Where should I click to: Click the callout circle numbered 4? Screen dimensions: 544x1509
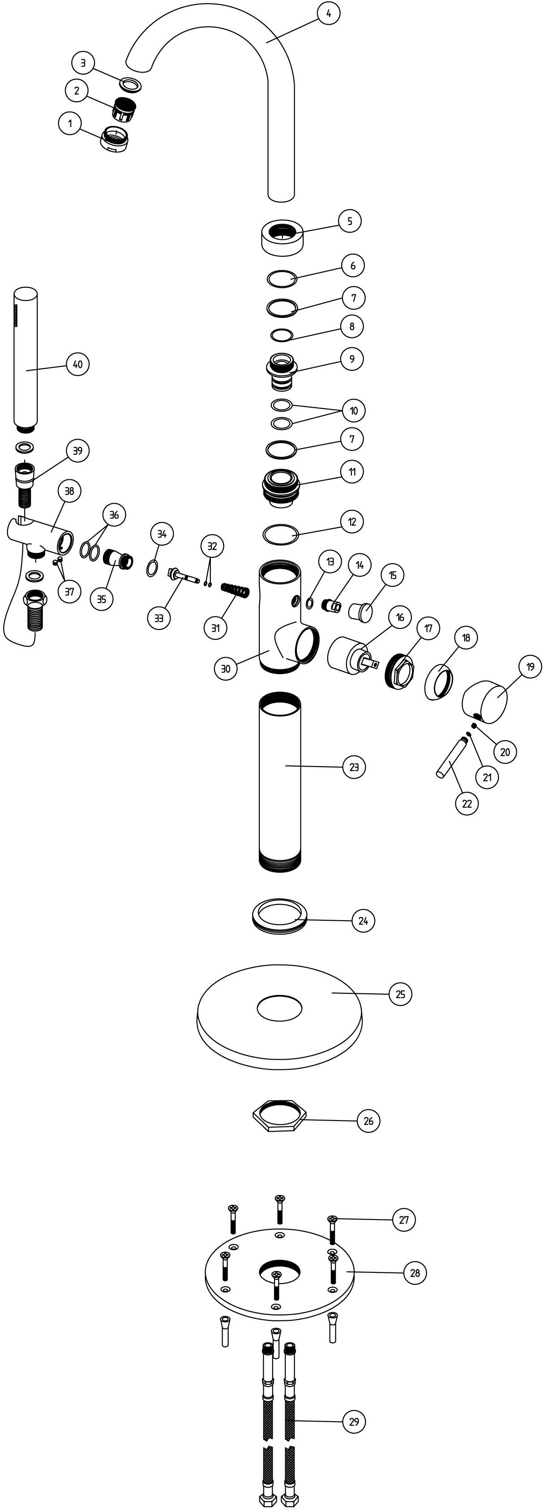tap(329, 13)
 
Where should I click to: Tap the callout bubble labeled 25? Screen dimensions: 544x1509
tap(401, 994)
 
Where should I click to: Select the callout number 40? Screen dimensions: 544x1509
tap(78, 364)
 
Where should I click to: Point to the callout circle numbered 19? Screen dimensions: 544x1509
tap(530, 667)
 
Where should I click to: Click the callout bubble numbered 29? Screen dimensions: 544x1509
tap(354, 1422)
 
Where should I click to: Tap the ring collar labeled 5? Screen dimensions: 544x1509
tap(282, 237)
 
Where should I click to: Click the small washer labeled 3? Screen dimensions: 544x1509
tap(131, 83)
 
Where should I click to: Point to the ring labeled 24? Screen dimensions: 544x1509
tap(279, 916)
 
